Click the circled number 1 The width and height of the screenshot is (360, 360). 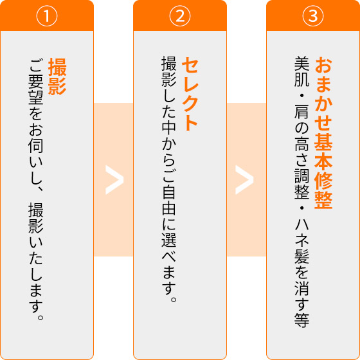(x=47, y=16)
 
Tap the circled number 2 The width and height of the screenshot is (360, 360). (x=180, y=16)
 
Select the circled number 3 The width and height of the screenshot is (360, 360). (x=313, y=16)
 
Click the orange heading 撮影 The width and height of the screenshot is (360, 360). (x=57, y=76)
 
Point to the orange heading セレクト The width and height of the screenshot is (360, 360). (x=190, y=94)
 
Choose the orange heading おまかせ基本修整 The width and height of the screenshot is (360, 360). (x=323, y=134)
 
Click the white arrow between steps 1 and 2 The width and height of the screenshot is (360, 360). (x=114, y=180)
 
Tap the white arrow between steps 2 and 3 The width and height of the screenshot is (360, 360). (x=244, y=180)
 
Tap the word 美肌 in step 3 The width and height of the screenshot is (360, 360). (x=301, y=72)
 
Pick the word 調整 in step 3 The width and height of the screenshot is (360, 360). (x=301, y=184)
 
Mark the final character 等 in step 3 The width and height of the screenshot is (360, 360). (x=301, y=320)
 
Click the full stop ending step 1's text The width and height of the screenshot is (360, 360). (x=40, y=318)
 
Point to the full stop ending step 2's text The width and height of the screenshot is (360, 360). (x=174, y=300)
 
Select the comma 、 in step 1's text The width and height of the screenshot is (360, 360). (x=40, y=188)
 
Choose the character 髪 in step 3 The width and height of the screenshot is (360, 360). (x=301, y=256)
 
